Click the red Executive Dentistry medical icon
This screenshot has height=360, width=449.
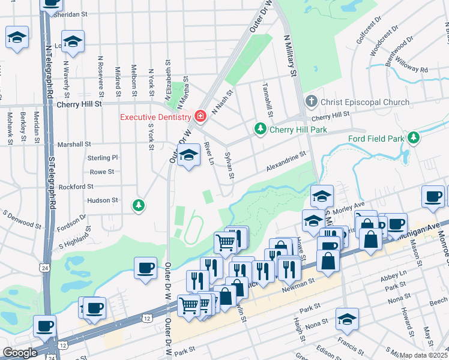[x=199, y=116]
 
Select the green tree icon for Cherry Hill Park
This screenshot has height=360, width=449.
[x=260, y=129]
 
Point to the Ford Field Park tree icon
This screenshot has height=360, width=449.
[x=414, y=139]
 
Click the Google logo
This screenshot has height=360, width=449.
[x=20, y=353]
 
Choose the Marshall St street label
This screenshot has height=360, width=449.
[x=74, y=145]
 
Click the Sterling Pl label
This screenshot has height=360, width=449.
[x=103, y=158]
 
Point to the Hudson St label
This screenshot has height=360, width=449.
[x=102, y=200]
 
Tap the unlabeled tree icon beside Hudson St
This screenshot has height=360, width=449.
[x=139, y=206]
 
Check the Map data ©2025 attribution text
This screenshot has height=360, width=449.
[x=423, y=355]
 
